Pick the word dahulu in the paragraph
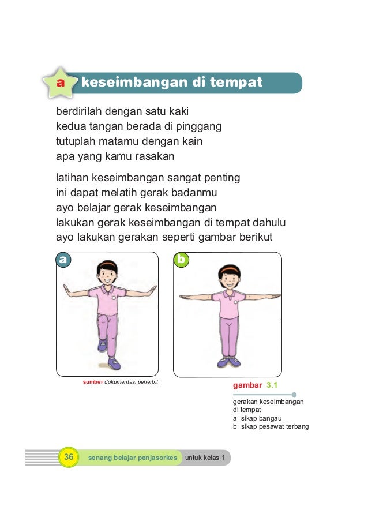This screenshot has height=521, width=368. coord(269,223)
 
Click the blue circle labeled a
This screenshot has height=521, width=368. coord(63,260)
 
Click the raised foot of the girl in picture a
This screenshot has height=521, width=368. coord(103,346)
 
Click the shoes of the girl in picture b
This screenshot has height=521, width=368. coord(228,362)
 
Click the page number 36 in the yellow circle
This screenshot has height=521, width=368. coord(68,458)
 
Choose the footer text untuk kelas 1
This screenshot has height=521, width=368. coord(205,458)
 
